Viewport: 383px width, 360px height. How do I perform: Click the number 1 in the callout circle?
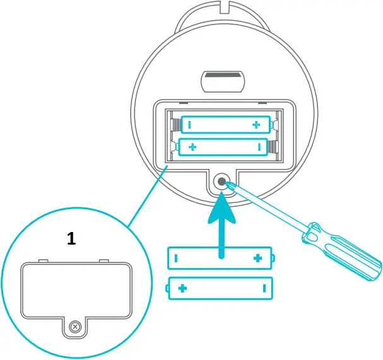tap(72, 238)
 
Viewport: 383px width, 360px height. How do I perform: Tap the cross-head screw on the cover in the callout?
tap(76, 327)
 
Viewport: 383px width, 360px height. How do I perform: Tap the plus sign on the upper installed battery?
tap(256, 125)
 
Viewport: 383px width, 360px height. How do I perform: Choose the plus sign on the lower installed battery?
tap(192, 147)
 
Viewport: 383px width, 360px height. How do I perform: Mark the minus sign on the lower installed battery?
tap(259, 147)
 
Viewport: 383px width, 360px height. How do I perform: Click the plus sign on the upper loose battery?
tap(257, 258)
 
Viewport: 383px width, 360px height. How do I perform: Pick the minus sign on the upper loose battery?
tap(176, 258)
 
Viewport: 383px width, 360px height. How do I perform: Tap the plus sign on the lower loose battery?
tap(183, 288)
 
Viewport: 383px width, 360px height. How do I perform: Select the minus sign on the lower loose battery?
tap(264, 288)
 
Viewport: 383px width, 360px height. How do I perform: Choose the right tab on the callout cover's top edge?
tap(104, 260)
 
